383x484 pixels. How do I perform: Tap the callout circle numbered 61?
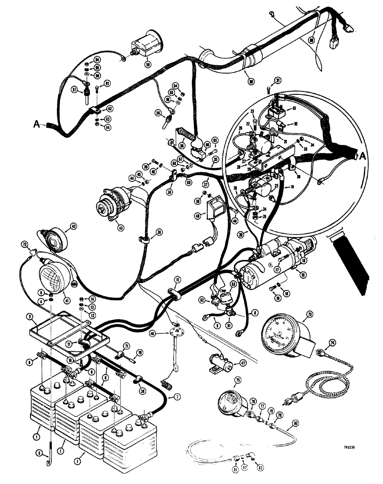click(x=107, y=83)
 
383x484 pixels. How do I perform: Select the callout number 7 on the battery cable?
click(x=177, y=397)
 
